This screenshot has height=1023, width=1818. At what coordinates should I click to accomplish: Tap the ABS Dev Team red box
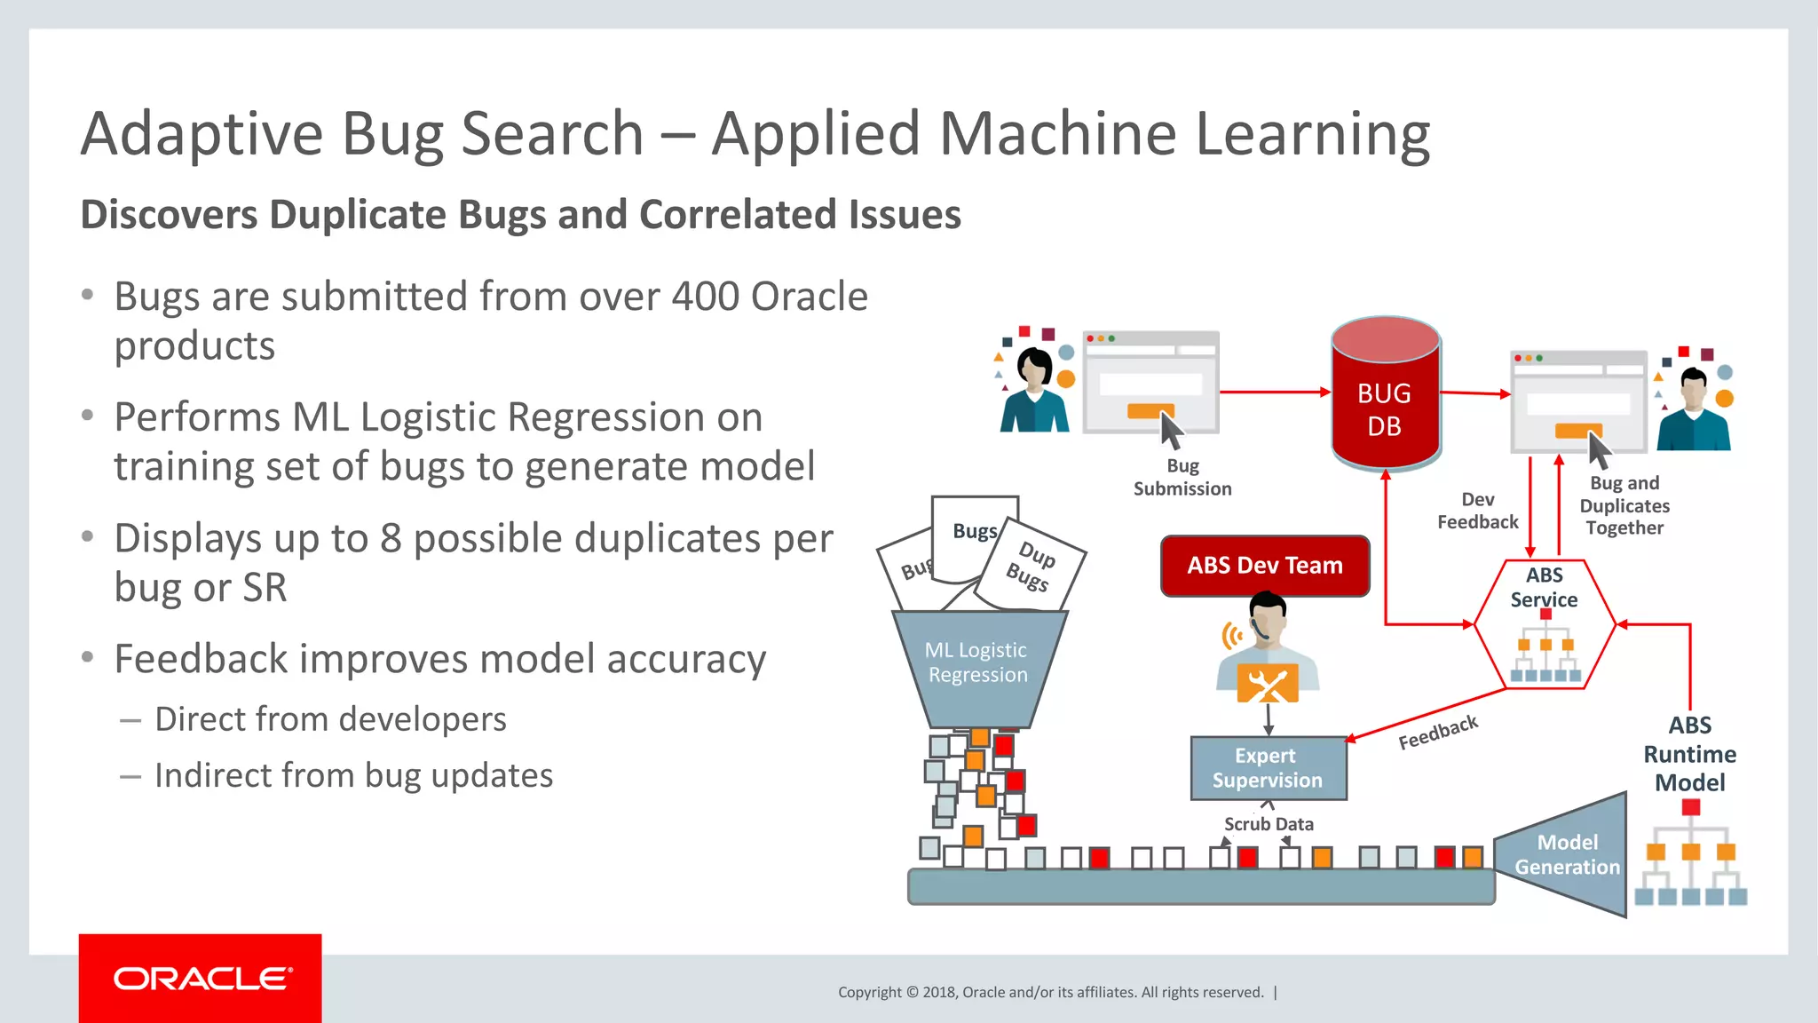[x=1265, y=566]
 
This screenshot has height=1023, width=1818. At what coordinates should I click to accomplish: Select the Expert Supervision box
[x=1268, y=768]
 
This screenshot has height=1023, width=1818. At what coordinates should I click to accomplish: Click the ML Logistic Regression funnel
[x=977, y=666]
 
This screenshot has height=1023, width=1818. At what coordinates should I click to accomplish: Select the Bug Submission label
[x=1182, y=477]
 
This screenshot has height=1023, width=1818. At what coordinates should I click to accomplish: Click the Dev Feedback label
[x=1477, y=511]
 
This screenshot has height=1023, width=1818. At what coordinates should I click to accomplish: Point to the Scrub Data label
[x=1269, y=824]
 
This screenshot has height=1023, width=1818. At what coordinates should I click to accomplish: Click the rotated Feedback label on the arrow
[x=1438, y=732]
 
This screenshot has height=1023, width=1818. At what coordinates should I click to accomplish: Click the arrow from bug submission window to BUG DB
[x=1274, y=392]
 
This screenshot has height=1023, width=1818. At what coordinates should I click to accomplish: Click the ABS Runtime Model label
[x=1689, y=754]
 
